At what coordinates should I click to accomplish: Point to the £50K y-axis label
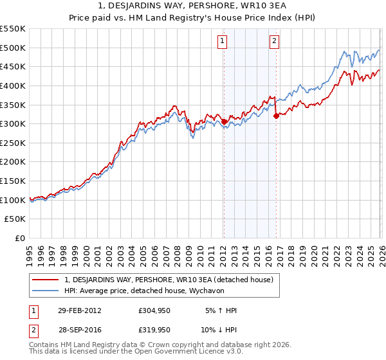tap(15, 219)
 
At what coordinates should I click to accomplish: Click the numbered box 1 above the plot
tap(222, 41)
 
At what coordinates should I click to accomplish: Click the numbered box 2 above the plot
tap(274, 41)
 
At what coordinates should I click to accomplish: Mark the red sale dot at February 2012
tap(224, 122)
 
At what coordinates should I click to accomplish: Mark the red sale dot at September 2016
tap(276, 116)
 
